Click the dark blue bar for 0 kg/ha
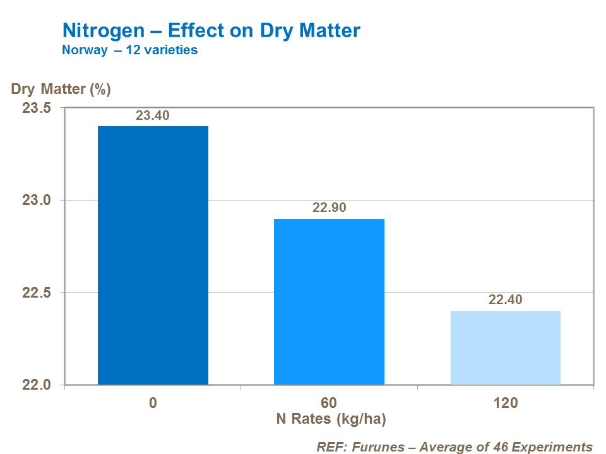[153, 255]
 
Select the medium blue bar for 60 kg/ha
[329, 301]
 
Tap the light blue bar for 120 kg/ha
[505, 347]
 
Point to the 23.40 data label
[153, 115]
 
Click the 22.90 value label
[329, 208]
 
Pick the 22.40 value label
[505, 300]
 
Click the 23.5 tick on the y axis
[37, 108]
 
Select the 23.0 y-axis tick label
[37, 201]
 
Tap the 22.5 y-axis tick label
[37, 293]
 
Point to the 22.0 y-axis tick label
[37, 385]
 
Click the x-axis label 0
[153, 403]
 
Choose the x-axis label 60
[329, 403]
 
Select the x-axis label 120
[505, 403]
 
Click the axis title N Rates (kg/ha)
[330, 419]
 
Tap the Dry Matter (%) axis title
[61, 89]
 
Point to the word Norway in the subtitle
[84, 50]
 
